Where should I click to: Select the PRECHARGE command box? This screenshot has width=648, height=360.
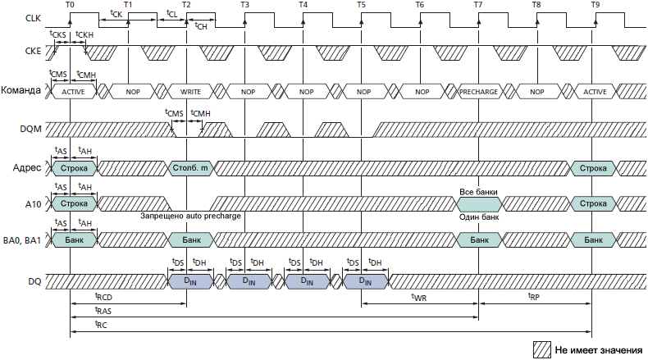coord(478,92)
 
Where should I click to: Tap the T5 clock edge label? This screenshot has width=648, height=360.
coord(362,6)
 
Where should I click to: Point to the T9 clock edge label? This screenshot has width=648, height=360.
coord(595,6)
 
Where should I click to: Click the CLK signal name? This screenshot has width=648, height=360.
coord(34,17)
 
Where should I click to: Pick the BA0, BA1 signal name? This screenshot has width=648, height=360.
coord(24,240)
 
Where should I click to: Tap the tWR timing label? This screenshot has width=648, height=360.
coord(419,297)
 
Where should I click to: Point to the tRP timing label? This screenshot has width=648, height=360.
coord(534,297)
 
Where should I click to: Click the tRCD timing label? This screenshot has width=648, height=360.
coord(103,297)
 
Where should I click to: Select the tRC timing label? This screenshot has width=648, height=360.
coord(102,326)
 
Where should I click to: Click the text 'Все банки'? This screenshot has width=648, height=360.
coord(478,192)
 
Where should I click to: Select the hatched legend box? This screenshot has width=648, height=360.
coord(541,349)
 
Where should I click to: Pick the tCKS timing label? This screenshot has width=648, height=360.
coord(60,35)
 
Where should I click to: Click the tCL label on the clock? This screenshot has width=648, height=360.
coord(171,14)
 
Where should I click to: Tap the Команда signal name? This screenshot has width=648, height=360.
coord(22,91)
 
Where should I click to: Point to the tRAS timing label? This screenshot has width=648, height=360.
coord(103,312)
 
